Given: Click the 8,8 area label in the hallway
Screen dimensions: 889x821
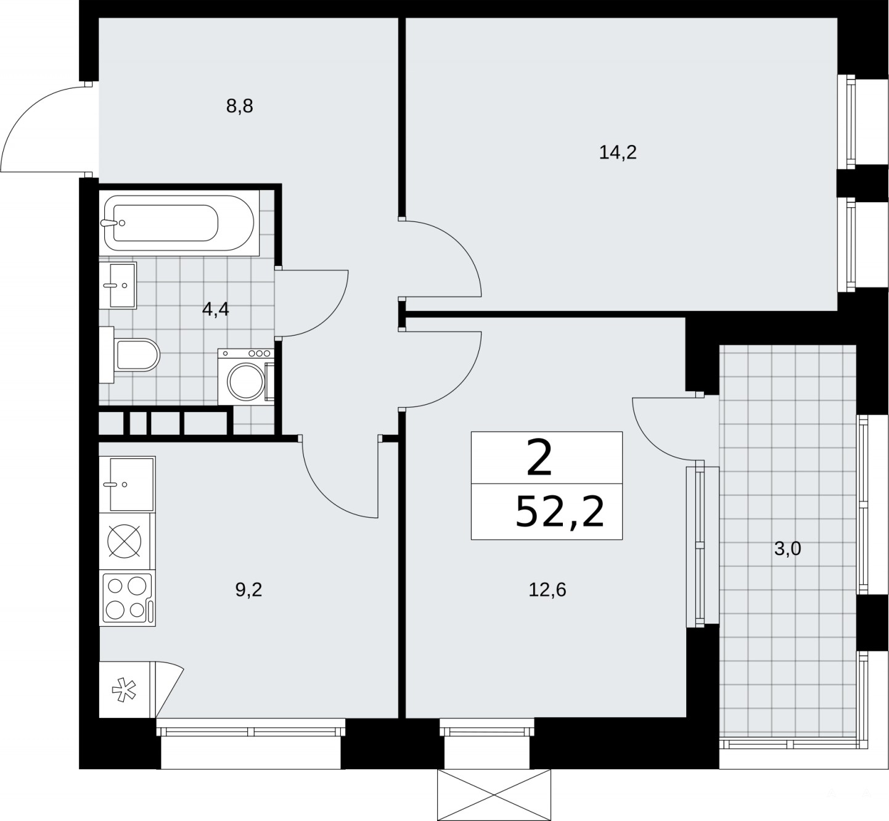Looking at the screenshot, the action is point(239,107).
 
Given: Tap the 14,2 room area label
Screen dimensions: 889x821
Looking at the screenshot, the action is point(618,153).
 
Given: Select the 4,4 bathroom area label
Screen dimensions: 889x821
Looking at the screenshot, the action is point(215,309).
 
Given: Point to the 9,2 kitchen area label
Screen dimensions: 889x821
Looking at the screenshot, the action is point(248,590).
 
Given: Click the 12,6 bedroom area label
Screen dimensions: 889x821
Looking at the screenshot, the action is point(547,590).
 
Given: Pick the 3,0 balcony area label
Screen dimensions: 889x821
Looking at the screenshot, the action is point(787,548).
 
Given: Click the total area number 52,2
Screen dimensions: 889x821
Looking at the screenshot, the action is point(560,512).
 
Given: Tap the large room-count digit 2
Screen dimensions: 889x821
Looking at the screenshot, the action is point(539,458).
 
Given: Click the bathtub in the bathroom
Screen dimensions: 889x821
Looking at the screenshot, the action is point(179,223).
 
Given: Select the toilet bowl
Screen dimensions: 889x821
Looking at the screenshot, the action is point(134,355).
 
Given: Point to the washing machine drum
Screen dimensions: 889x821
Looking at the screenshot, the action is point(246,382).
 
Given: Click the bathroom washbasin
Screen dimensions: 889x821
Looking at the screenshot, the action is point(118,286).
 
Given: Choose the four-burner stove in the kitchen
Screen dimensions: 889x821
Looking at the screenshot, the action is point(127,598).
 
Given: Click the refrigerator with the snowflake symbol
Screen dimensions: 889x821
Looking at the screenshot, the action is point(127,690).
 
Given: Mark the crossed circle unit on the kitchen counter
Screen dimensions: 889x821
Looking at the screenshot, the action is point(125,541).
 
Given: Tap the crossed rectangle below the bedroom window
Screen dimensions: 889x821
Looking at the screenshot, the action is point(494,794).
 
